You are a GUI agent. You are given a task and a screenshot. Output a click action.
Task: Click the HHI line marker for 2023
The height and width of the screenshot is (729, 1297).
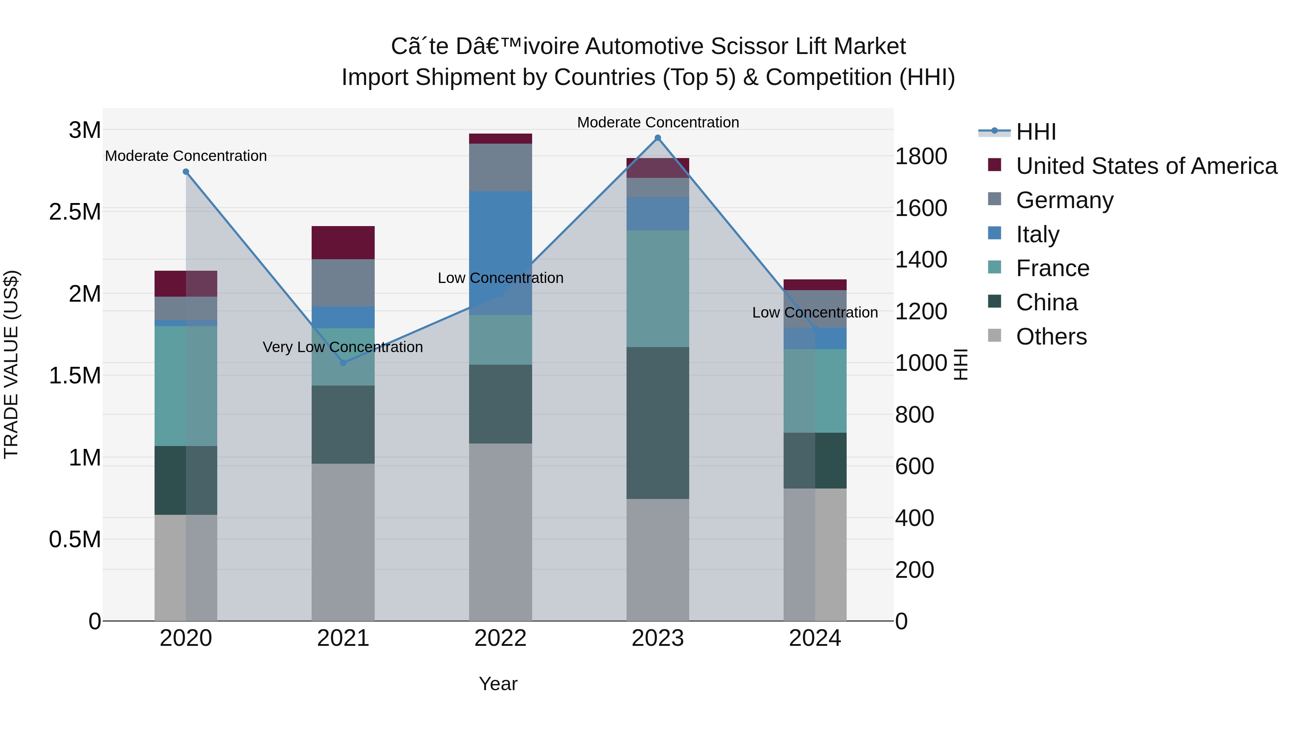658,138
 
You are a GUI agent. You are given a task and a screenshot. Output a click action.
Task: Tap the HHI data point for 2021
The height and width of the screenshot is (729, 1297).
343,363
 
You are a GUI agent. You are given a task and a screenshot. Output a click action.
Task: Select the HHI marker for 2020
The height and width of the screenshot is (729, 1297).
186,172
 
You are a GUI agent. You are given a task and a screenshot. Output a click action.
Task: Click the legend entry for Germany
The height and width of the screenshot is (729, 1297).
1064,200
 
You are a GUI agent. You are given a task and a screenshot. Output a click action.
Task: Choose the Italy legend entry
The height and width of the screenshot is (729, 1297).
1037,234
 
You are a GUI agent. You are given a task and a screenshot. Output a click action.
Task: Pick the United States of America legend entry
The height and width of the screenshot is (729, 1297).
1146,166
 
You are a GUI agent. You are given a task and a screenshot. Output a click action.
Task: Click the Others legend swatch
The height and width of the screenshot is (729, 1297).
994,336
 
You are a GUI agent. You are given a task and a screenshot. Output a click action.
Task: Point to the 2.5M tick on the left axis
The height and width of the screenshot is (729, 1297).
75,212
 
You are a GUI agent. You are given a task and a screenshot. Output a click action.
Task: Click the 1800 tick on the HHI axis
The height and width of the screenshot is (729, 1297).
921,157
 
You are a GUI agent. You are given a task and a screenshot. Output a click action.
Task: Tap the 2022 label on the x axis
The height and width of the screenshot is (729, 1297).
500,638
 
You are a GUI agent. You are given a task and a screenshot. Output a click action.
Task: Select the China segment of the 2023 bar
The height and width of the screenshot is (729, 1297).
658,423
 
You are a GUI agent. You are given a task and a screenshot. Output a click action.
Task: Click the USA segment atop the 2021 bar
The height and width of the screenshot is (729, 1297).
343,243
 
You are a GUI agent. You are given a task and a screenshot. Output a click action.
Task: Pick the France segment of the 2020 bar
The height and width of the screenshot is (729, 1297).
186,386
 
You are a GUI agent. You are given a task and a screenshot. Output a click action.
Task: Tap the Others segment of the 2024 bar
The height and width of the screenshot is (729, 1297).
815,554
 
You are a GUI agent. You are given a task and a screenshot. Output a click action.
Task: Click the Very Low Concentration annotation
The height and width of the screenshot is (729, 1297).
343,347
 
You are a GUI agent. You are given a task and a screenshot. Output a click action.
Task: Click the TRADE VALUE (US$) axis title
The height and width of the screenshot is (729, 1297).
11,364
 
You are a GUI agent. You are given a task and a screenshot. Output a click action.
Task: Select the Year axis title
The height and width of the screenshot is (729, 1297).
498,684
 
